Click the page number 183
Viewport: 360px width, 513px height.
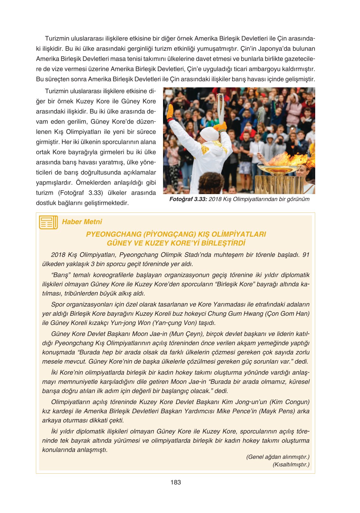(175, 482)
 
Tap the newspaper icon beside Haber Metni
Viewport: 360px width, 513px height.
(48, 222)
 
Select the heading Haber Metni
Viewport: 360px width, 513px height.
(82, 222)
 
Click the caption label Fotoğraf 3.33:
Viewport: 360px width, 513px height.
(188, 199)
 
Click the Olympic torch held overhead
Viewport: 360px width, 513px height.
(220, 108)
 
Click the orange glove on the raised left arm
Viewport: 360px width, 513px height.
(170, 112)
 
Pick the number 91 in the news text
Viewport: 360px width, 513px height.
(306, 255)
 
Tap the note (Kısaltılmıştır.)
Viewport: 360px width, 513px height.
(291, 464)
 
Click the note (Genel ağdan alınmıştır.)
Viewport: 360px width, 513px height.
(278, 457)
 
